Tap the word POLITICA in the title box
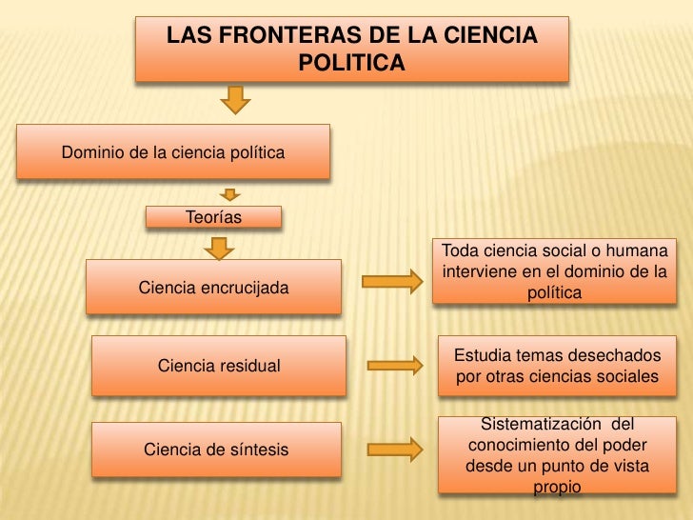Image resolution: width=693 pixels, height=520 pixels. pos(351,63)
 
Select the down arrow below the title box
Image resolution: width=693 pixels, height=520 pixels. pos(236,99)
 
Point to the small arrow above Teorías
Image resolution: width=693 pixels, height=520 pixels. pos(229,195)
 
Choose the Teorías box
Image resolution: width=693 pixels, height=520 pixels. pos(213,218)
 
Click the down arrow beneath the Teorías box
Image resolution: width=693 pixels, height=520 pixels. pos(221,248)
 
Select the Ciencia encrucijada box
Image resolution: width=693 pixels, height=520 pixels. pos(213,287)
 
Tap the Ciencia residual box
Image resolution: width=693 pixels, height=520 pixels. pos(218,365)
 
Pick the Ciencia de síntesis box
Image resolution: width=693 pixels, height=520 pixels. pos(216,449)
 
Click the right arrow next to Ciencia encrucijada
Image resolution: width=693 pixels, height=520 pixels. pos(391,281)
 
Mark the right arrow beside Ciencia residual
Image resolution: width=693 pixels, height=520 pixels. pos(395,364)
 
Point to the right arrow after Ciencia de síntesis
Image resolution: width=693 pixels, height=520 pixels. pos(394,447)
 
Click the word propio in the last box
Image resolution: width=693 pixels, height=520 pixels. pos(557,487)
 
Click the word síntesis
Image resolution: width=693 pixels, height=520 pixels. pos(255,449)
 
